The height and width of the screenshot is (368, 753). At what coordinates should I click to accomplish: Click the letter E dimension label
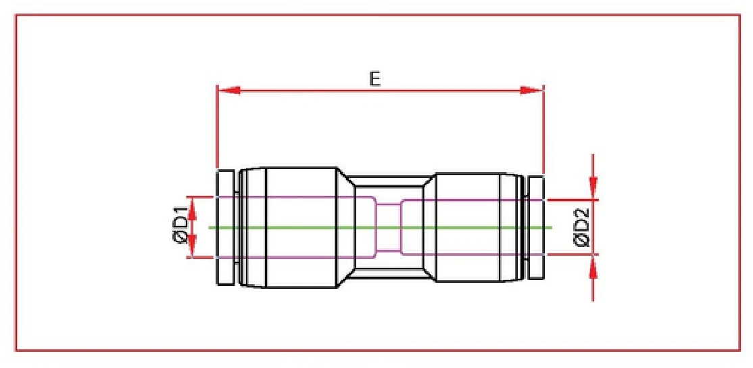coord(375,78)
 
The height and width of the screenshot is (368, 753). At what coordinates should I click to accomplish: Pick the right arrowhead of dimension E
coord(531,90)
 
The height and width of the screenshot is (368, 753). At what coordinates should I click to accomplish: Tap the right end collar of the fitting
coord(535,227)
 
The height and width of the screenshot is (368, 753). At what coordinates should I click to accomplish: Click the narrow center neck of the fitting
coord(388,203)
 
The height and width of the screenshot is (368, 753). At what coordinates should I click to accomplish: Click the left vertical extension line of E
coord(216,129)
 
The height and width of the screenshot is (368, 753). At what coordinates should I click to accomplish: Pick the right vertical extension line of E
coord(543,129)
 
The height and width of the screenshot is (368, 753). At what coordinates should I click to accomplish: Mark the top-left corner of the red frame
coord(16,15)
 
